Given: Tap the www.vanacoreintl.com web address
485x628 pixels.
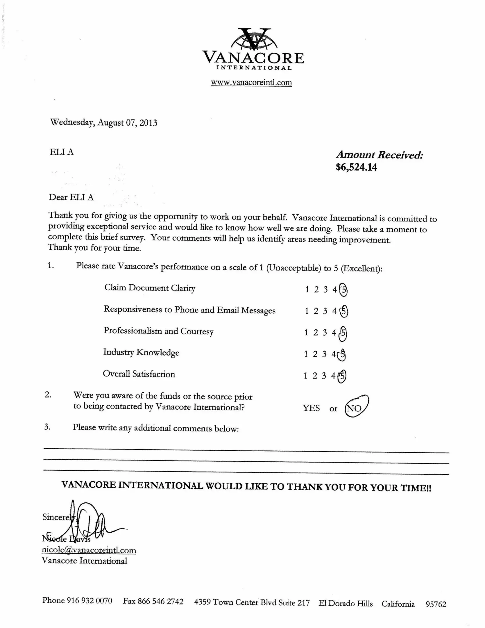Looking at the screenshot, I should (x=251, y=83).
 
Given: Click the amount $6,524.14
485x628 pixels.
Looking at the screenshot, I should (x=356, y=167).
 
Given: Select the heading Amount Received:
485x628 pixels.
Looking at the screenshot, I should (x=380, y=155).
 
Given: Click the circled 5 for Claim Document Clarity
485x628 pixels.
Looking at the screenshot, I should (x=343, y=290).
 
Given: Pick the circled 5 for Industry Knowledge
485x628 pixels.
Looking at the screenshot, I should (x=342, y=355).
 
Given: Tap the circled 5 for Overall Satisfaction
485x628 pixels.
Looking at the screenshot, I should (x=342, y=376).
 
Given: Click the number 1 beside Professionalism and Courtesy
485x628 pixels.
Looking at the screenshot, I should (x=306, y=332).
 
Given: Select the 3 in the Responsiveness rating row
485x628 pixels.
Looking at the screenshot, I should (x=325, y=311).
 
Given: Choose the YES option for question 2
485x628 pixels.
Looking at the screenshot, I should (x=311, y=408).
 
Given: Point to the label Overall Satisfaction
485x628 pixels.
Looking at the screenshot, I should (x=139, y=374).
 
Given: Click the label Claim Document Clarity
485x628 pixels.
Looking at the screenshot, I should (x=150, y=288).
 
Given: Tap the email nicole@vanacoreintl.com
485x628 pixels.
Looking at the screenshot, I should (x=89, y=550).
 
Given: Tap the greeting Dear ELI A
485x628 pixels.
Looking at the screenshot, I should (x=71, y=197).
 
